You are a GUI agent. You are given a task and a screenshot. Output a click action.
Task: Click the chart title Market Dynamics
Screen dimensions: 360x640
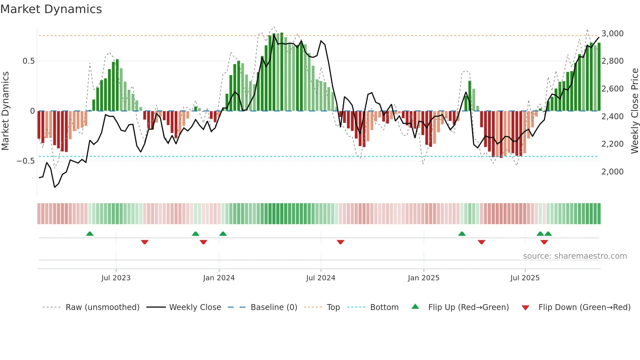click(51, 9)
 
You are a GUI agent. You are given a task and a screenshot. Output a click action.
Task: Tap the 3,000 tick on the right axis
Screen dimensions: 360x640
click(612, 34)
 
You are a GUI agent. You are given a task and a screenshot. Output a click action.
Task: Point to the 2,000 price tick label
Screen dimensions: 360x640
click(612, 172)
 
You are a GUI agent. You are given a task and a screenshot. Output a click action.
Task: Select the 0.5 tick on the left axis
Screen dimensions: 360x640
click(28, 61)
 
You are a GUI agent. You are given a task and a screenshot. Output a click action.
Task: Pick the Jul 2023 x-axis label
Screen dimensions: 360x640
click(116, 278)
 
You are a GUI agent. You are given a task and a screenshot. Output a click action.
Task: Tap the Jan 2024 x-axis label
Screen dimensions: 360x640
click(219, 278)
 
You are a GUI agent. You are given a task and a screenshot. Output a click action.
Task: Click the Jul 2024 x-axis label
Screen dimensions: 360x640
click(321, 278)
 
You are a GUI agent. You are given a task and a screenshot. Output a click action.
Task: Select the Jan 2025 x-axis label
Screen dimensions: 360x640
click(424, 278)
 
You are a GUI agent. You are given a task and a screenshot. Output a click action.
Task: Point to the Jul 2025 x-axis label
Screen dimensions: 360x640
click(525, 278)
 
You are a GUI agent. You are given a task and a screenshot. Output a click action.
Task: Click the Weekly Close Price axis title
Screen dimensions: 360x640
click(634, 111)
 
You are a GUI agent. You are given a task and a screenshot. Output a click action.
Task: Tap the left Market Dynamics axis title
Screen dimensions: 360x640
click(5, 111)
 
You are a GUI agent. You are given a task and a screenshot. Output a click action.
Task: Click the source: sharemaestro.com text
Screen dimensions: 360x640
click(575, 256)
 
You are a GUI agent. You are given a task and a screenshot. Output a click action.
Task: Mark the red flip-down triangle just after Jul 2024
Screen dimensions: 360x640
click(340, 242)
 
